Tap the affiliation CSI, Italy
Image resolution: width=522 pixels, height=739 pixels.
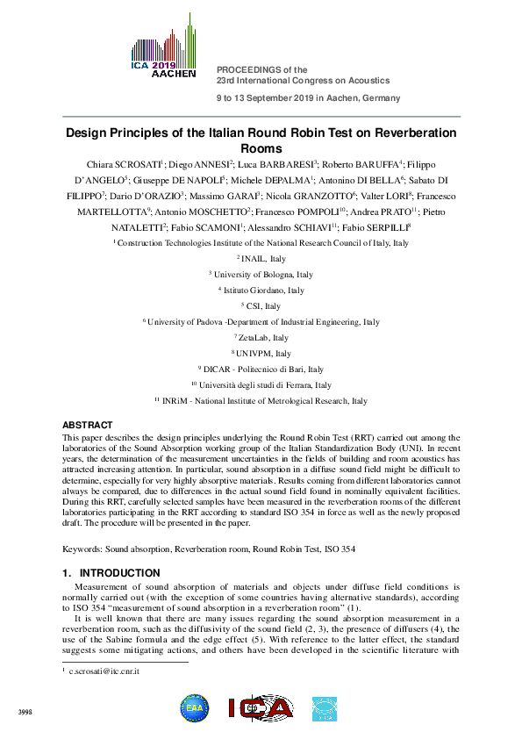coord(263,306)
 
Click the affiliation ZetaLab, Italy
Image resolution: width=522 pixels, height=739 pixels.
coord(263,338)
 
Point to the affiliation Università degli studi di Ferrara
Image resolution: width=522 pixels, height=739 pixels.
coord(263,384)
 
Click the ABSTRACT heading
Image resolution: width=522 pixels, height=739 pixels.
coord(88,425)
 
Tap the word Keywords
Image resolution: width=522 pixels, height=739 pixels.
coord(82,549)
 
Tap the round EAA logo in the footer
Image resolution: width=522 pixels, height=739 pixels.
coord(195,708)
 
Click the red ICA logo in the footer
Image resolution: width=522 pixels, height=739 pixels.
coord(261,708)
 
